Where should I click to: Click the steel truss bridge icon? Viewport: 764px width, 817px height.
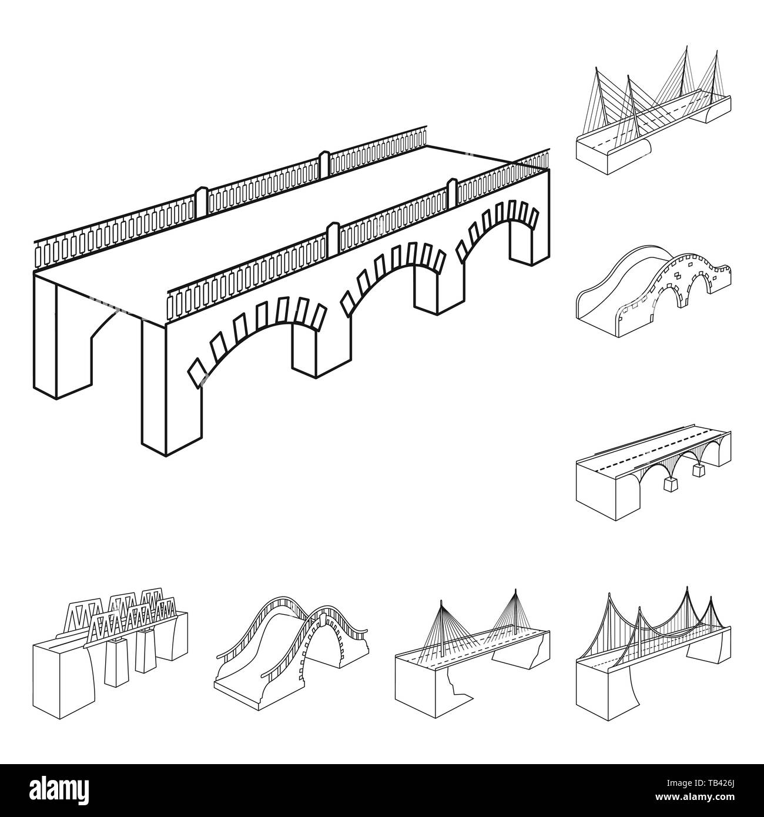[x=112, y=652]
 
